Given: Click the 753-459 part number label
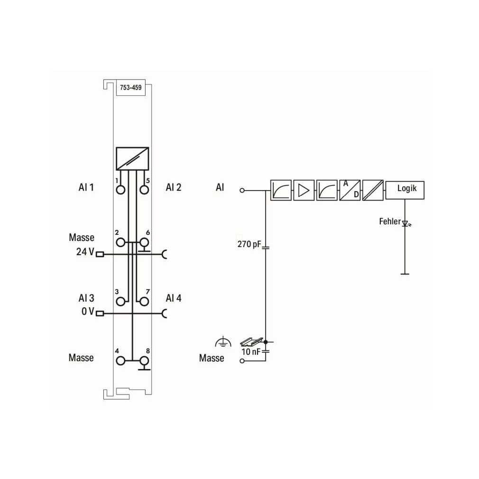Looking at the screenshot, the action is tap(131, 88).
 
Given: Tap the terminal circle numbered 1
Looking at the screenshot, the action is tap(120, 190).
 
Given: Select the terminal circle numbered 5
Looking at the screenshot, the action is tap(144, 190).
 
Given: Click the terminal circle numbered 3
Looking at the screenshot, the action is tap(120, 302).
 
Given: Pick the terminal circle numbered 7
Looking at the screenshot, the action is tap(144, 302).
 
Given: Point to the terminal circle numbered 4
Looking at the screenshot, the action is tap(120, 361).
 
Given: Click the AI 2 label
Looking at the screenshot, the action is tap(174, 187).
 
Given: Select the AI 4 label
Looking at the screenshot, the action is tap(174, 298).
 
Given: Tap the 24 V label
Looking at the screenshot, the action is tap(85, 252).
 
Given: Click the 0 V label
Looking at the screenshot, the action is tap(88, 311).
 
